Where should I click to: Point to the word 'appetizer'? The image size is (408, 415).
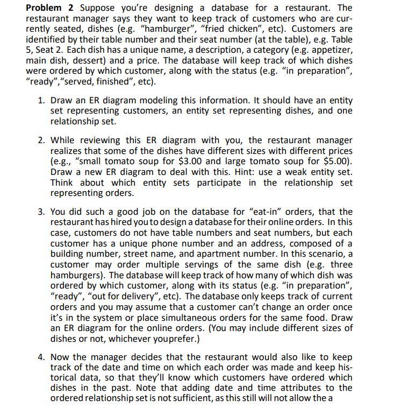[x=331, y=50]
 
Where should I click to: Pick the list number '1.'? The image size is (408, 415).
[x=41, y=100]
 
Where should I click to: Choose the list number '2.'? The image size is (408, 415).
[x=41, y=140]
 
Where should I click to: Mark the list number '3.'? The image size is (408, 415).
[x=41, y=212]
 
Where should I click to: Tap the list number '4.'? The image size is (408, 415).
[x=41, y=357]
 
